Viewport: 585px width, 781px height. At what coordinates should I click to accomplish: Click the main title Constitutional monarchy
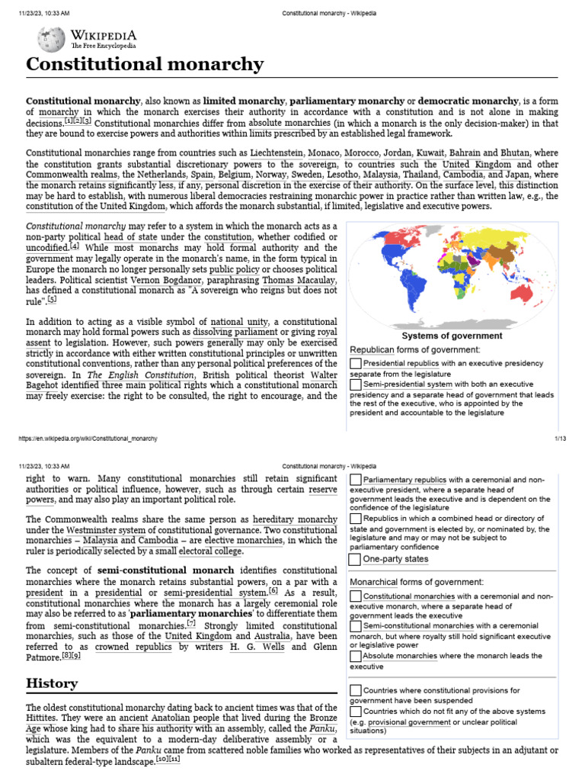(145, 64)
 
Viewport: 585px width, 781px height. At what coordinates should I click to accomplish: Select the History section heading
(52, 683)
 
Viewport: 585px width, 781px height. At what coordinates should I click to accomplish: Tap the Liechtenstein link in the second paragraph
(275, 153)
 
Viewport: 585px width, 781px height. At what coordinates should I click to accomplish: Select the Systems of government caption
(451, 336)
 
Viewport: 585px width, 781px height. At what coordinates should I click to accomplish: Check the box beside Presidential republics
(356, 363)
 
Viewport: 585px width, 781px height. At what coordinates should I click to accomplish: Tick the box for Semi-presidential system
(356, 384)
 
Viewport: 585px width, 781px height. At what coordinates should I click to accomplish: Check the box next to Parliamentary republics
(356, 480)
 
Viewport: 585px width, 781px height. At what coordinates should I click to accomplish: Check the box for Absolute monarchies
(356, 655)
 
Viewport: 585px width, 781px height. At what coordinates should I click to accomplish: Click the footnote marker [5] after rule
(52, 300)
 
